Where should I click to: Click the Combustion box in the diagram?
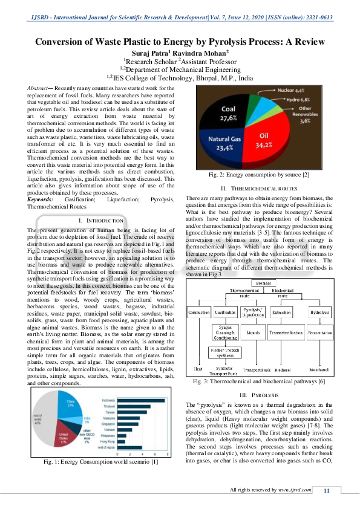[x=198, y=312]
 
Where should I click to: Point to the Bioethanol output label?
[x=319, y=368]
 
